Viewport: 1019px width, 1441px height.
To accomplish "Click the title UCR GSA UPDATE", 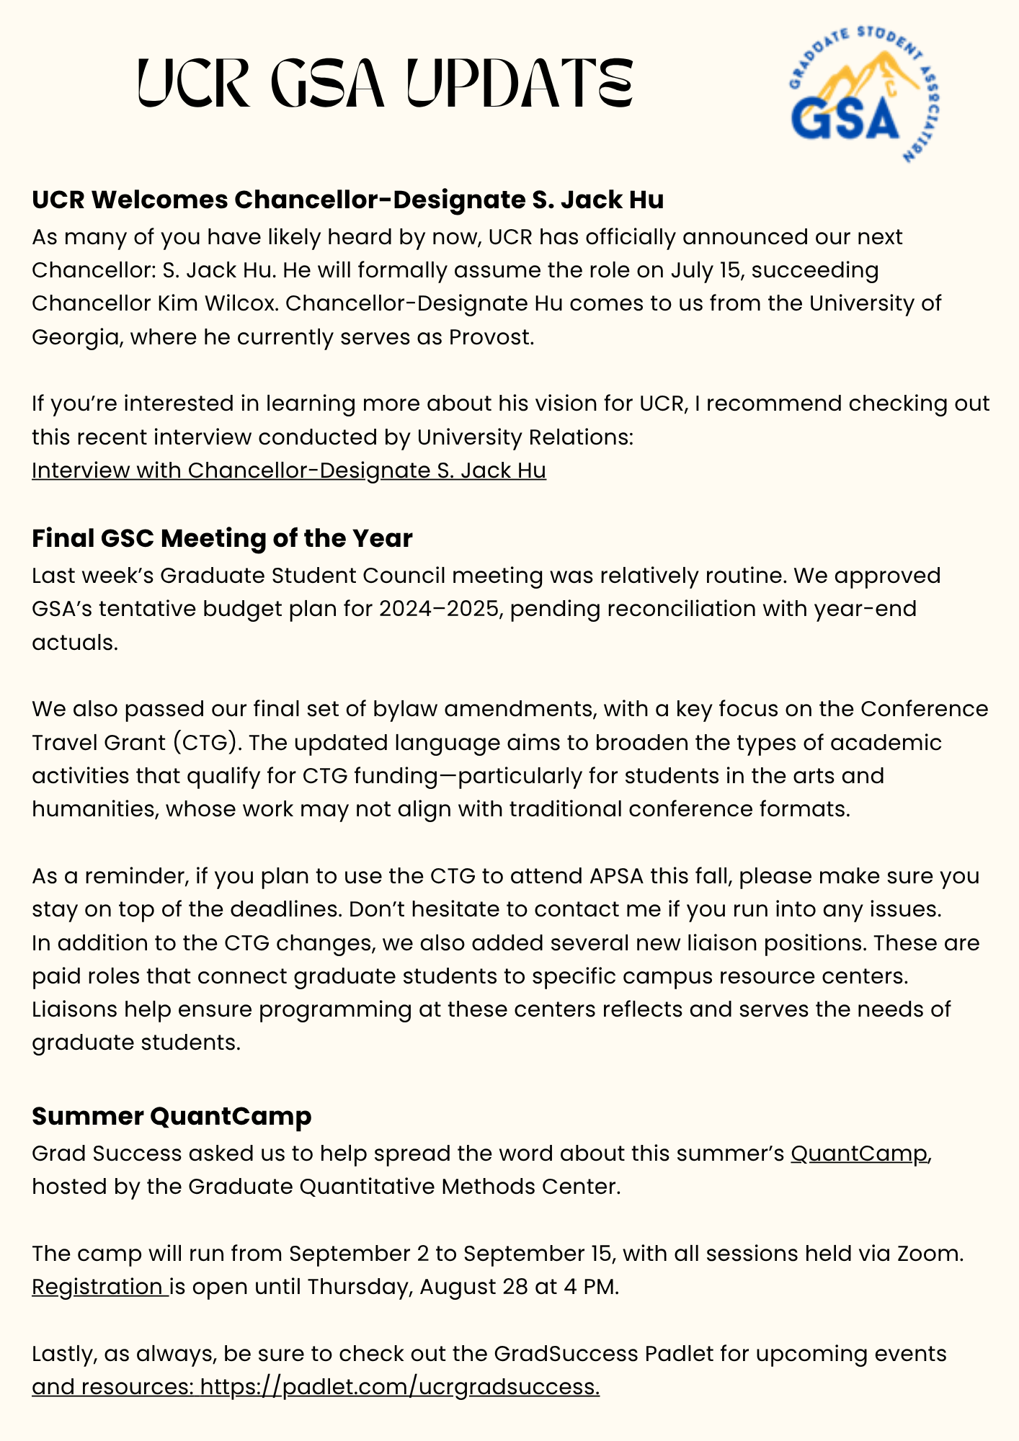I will tap(386, 84).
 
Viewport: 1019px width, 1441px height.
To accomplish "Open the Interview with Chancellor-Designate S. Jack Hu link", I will tap(288, 470).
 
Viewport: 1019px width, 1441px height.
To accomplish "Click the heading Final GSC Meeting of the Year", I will tap(222, 538).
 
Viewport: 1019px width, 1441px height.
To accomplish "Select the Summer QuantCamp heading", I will tap(172, 1116).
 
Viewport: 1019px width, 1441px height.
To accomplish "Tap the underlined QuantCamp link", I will tap(859, 1154).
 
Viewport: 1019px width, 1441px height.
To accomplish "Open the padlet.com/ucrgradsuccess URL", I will tap(399, 1387).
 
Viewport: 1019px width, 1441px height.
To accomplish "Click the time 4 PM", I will tap(591, 1287).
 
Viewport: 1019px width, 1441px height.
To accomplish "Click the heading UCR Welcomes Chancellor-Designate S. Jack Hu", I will tap(347, 200).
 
